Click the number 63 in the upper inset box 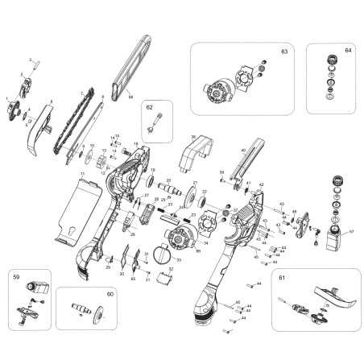tap(283, 52)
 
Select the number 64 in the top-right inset tap(348, 51)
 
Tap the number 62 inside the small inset tap(150, 106)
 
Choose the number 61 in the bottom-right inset tap(281, 277)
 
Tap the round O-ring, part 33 tap(163, 255)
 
